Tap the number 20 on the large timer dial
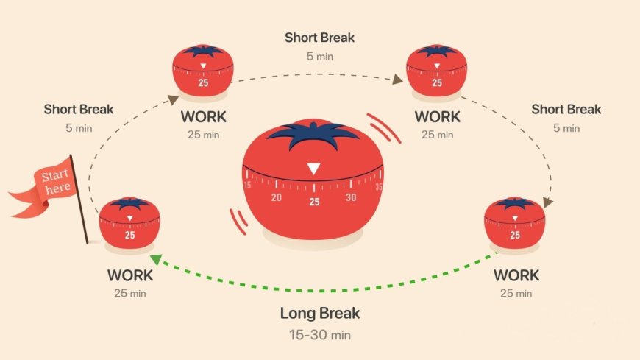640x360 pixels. [277, 197]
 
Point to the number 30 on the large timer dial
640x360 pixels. [351, 197]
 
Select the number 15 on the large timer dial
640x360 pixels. [247, 186]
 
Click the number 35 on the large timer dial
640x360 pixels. [379, 186]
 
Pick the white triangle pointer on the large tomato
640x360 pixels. [313, 169]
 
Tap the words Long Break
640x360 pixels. [319, 313]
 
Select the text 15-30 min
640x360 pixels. [319, 335]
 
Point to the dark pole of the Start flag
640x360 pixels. [80, 199]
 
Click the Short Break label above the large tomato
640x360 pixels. [319, 37]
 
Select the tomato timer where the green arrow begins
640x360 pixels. [515, 222]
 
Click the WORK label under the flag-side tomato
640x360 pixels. [130, 276]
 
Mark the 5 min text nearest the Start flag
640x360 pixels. [78, 127]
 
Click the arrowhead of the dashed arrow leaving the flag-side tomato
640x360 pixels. [173, 99]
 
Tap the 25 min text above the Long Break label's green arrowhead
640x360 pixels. [130, 294]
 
